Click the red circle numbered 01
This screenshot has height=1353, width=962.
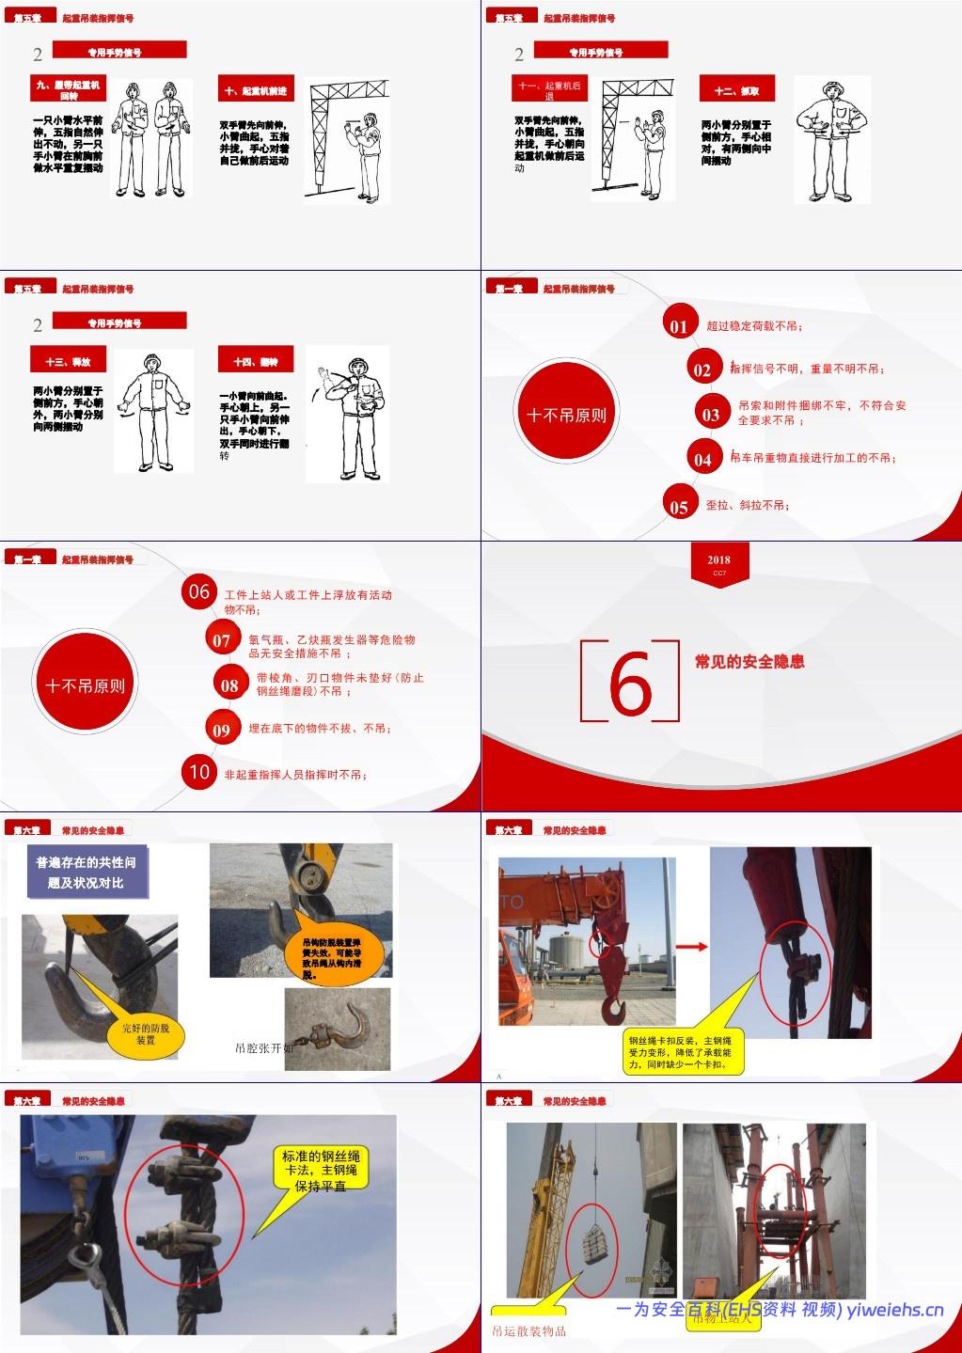coord(678,325)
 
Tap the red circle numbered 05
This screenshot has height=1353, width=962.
coord(679,506)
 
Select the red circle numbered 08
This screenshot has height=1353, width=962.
coord(229,684)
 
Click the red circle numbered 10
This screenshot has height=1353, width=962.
coord(199,772)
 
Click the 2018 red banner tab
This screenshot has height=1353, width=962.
coord(719,563)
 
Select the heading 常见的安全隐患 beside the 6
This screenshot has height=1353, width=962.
coord(749,662)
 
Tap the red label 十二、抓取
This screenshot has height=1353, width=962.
coord(736,90)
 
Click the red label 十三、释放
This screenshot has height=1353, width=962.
coord(68,362)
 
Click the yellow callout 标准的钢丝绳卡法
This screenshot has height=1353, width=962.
coord(320,1171)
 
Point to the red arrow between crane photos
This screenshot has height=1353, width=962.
coord(692,947)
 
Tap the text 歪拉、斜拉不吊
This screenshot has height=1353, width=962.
coord(748,506)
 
